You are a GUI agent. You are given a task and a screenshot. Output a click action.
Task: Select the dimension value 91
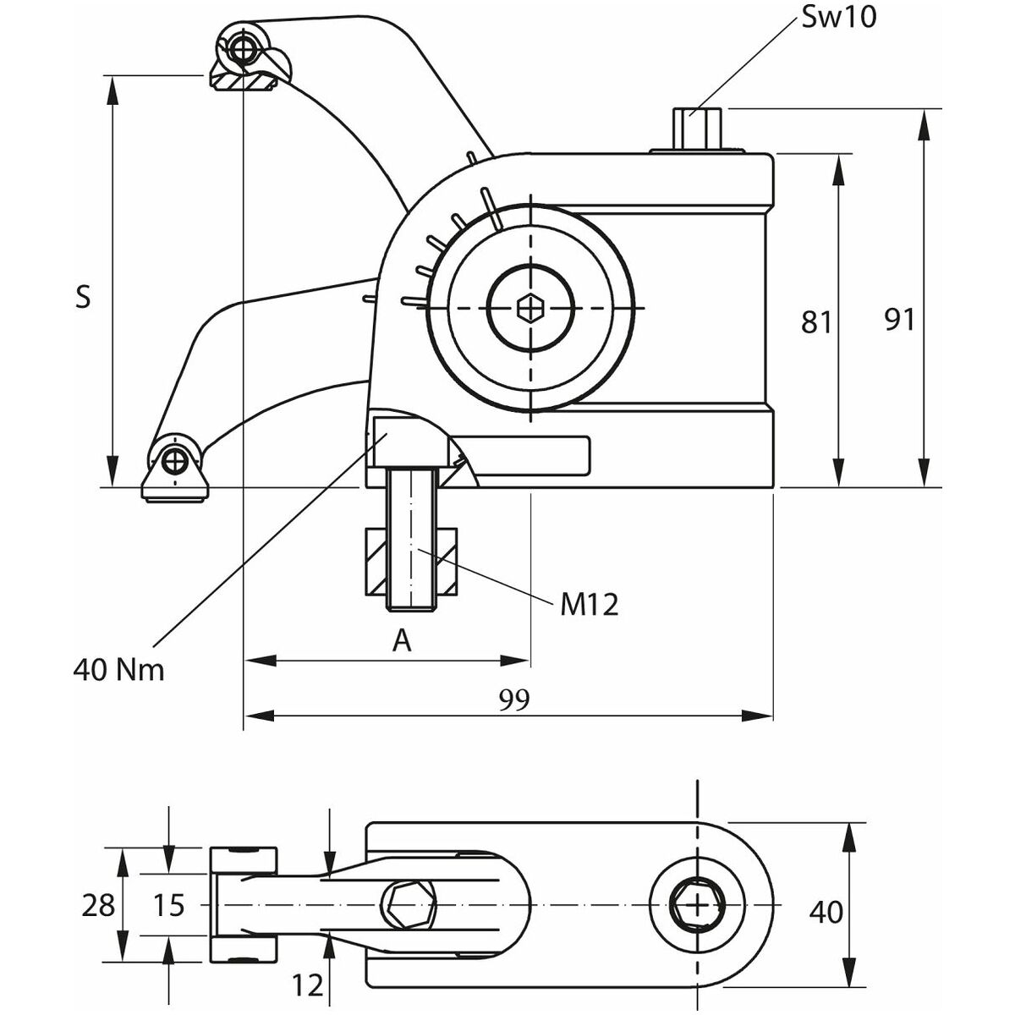[x=899, y=320]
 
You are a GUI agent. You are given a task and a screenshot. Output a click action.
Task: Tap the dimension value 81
[x=817, y=321]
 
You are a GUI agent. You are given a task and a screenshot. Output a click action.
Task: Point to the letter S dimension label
[x=83, y=298]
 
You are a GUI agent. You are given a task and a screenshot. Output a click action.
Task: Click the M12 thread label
[x=590, y=604]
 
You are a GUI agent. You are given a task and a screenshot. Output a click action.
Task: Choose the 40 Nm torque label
[x=118, y=670]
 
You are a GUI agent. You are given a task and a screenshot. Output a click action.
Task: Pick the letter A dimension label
[x=403, y=641]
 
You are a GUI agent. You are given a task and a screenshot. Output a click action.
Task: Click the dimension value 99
[x=513, y=699]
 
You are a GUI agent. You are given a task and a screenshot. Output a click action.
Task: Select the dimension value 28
[x=99, y=906]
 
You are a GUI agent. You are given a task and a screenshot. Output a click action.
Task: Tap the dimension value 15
[x=169, y=906]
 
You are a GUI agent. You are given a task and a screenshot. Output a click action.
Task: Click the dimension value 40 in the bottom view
[x=826, y=912]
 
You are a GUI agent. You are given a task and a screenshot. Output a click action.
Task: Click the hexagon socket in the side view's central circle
[x=530, y=308]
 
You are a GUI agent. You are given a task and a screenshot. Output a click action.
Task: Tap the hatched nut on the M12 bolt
[x=411, y=562]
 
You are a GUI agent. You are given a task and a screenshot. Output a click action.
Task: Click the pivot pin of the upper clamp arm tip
[x=245, y=47]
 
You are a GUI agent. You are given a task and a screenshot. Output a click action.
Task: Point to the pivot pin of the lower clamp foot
[x=175, y=461]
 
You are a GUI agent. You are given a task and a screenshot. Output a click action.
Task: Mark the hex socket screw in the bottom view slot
[x=410, y=906]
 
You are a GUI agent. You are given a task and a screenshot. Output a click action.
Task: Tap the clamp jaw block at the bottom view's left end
[x=243, y=905]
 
